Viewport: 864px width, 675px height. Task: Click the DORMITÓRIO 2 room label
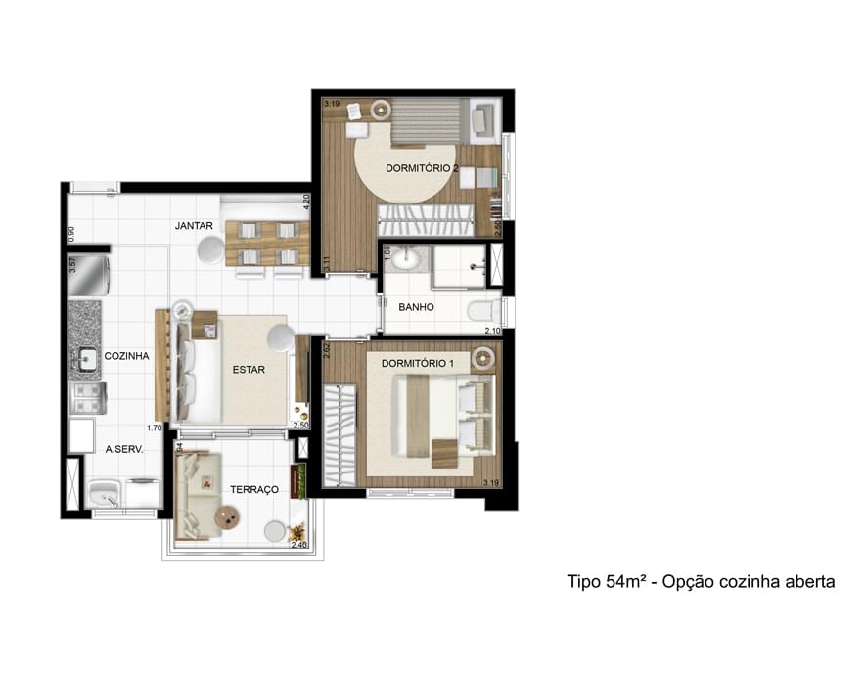point(422,168)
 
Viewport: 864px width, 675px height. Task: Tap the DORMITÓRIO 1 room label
point(418,364)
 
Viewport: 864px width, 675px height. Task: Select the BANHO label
point(416,307)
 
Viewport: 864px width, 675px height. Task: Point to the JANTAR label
point(194,226)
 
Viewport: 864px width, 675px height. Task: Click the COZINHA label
point(126,356)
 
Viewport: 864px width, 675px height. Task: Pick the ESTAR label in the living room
point(250,370)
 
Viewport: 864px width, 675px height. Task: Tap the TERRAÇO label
point(254,488)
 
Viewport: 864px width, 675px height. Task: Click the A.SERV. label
point(124,451)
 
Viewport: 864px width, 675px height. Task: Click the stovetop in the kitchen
point(86,397)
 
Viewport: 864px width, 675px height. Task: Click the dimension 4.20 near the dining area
point(306,202)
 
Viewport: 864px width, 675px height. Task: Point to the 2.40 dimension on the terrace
point(298,545)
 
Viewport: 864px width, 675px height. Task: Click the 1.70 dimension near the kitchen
point(154,427)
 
